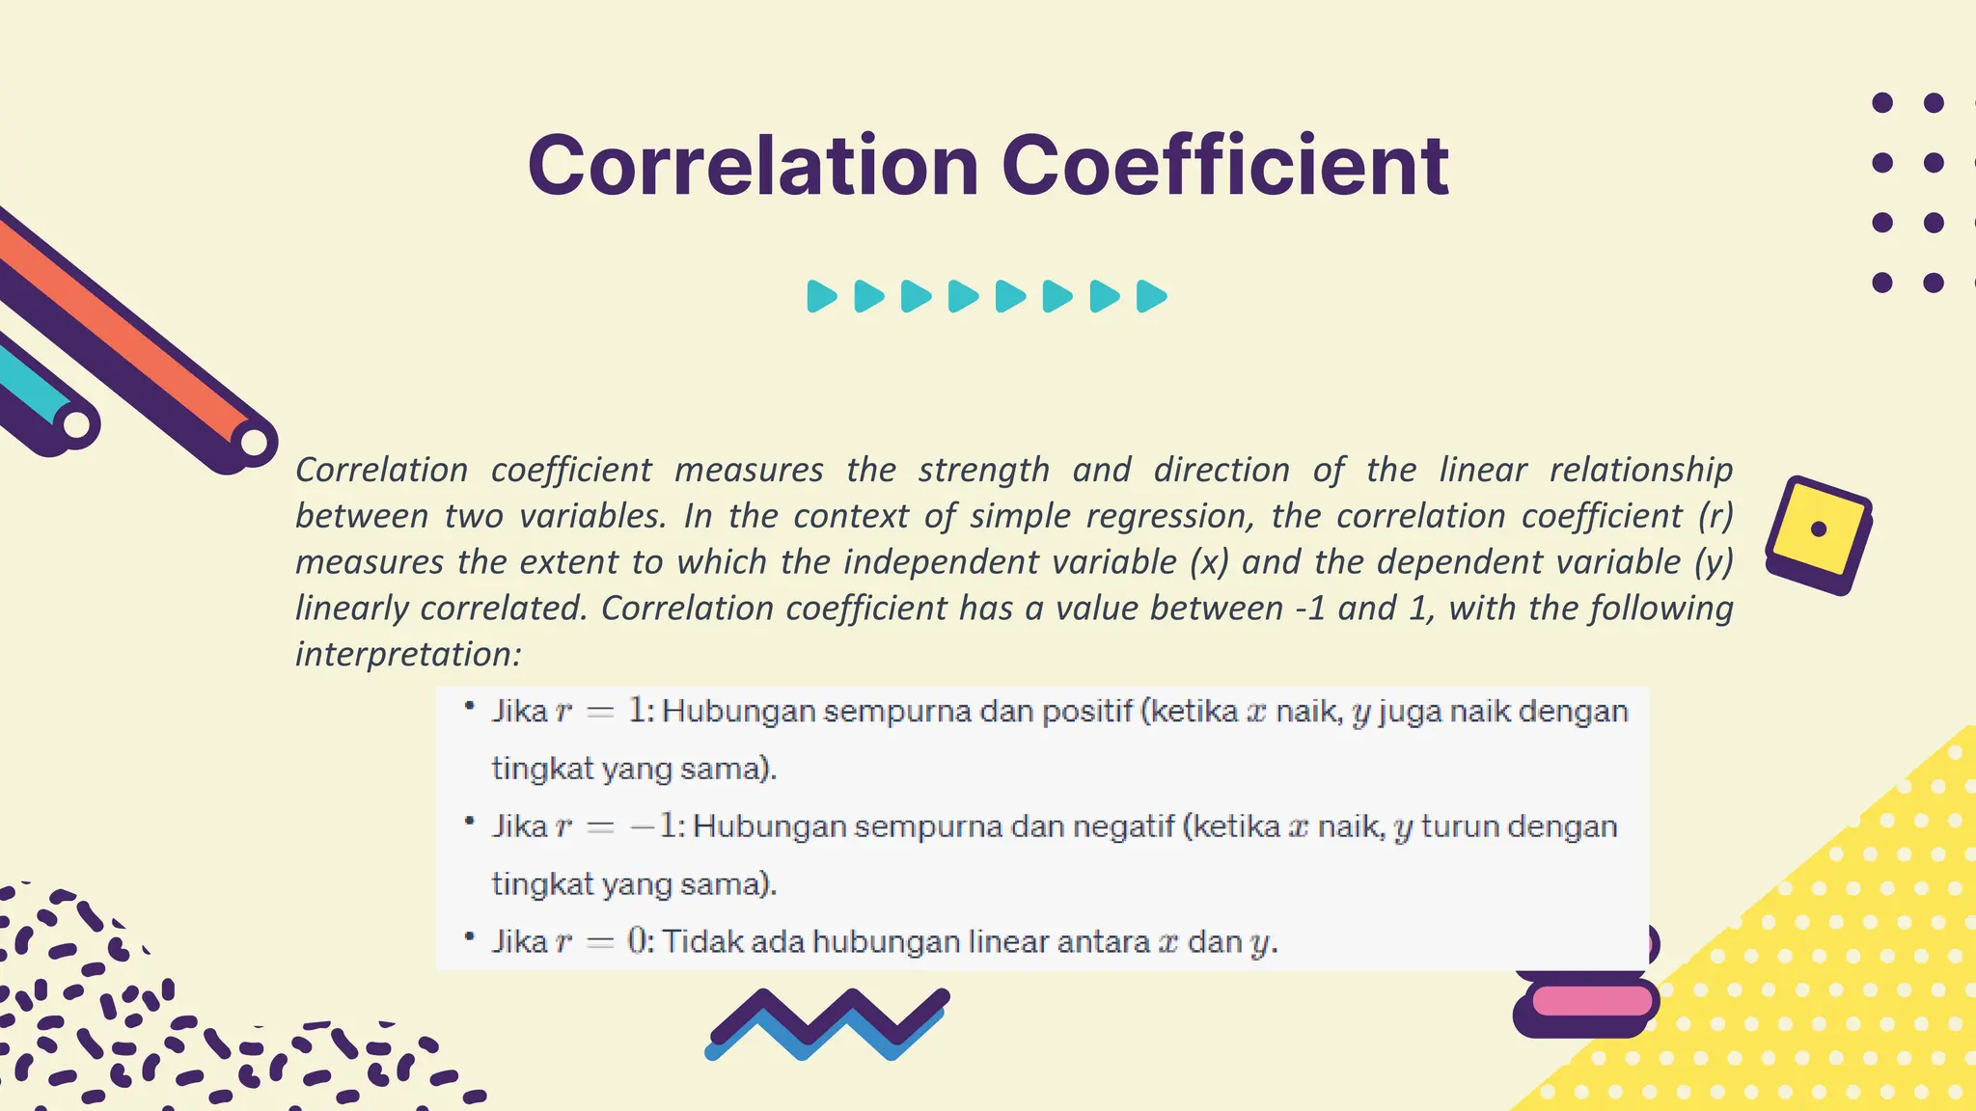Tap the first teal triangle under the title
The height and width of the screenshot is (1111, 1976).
pos(821,296)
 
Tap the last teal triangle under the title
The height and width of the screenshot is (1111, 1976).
pos(1151,296)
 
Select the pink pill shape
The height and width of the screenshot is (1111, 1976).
pos(1592,1000)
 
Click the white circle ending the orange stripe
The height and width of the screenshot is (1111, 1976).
pos(254,443)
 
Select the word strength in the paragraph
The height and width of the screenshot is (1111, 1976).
pos(983,470)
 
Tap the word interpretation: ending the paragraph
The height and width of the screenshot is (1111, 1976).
pos(408,654)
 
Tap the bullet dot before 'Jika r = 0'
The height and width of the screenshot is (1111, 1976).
pos(470,935)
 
